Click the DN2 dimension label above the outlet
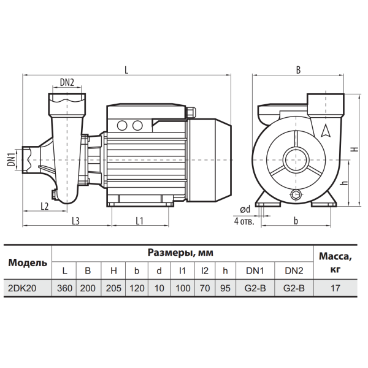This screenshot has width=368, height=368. tap(67, 82)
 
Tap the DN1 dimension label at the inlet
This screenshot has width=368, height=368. tap(11, 159)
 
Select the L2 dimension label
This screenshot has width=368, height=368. tap(45, 206)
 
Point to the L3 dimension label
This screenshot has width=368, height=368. tap(75, 221)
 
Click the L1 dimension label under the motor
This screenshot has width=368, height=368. tap(139, 221)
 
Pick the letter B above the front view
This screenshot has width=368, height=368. tap(298, 70)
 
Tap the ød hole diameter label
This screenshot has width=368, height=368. tap(245, 209)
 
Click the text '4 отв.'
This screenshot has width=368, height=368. tap(244, 221)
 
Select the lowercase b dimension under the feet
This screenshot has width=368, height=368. tap(296, 221)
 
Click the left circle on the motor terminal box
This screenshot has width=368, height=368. tap(122, 126)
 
